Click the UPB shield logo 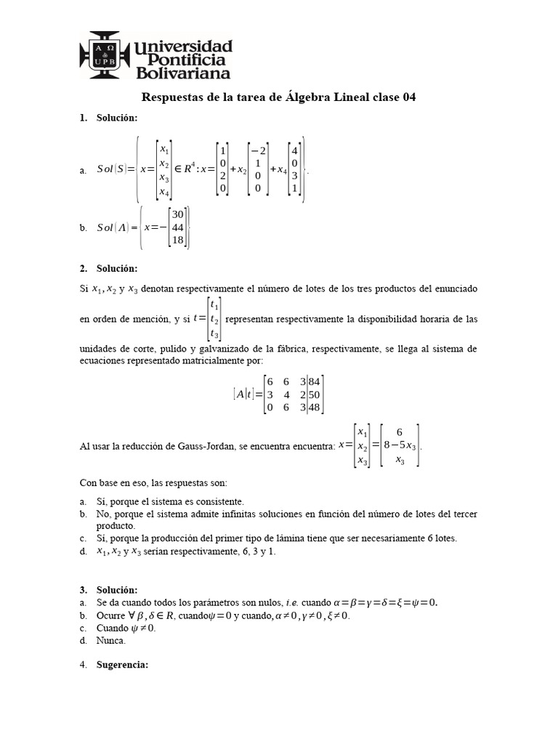tap(104, 54)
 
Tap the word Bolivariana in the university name tap(182, 73)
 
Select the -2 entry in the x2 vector tap(257, 150)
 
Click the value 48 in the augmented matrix tap(314, 408)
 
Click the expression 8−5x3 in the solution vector tap(399, 445)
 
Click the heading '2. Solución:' tap(109, 269)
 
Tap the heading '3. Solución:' tap(109, 589)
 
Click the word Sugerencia tap(122, 664)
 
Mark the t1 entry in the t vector tap(214, 305)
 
